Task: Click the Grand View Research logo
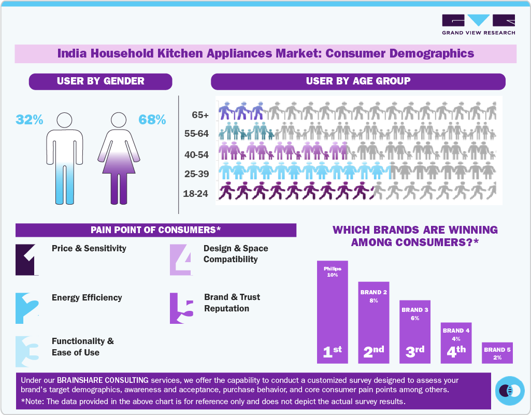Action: (x=478, y=24)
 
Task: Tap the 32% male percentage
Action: (x=29, y=120)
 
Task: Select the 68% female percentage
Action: (x=152, y=120)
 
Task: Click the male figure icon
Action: (x=65, y=158)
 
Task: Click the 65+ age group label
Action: (x=199, y=115)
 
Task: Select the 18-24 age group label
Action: (x=196, y=194)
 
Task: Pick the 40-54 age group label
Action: (x=196, y=154)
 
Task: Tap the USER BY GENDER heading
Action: (x=101, y=81)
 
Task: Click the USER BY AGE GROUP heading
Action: (x=358, y=81)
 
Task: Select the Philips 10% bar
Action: (x=332, y=311)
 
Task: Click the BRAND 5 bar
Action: (x=497, y=352)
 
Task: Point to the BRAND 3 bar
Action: (x=414, y=332)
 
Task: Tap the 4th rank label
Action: (x=456, y=351)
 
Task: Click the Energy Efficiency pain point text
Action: (x=87, y=298)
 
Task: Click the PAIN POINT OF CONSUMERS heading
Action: (x=155, y=230)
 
